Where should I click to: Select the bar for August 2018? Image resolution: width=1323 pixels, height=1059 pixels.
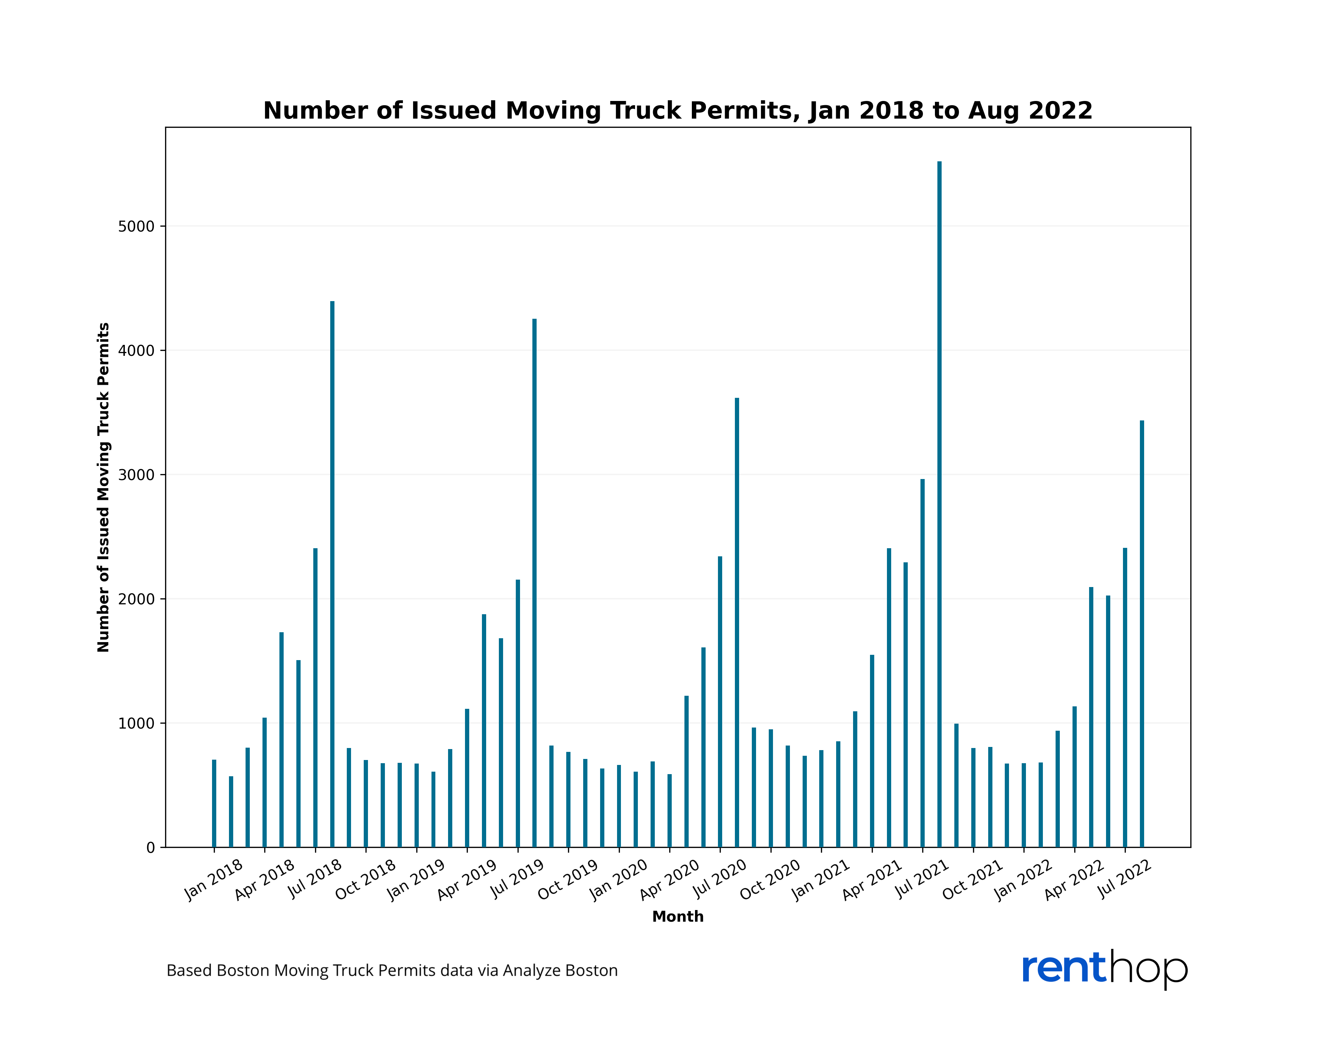pos(332,574)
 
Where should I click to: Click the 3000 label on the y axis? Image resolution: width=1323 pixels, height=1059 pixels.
pos(136,474)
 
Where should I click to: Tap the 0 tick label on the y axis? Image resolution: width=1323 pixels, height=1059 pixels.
pos(150,848)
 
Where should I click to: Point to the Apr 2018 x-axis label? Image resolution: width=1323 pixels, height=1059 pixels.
pos(265,879)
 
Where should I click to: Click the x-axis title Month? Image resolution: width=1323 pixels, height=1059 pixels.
pos(677,917)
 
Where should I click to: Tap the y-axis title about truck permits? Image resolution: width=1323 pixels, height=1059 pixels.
pos(103,487)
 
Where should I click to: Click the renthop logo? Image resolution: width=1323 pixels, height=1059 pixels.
pos(1105,969)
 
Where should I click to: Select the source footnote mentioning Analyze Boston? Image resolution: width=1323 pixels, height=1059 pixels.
pos(392,971)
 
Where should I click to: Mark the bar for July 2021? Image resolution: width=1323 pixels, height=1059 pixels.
pos(922,663)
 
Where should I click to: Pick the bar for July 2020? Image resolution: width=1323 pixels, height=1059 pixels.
pos(720,702)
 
